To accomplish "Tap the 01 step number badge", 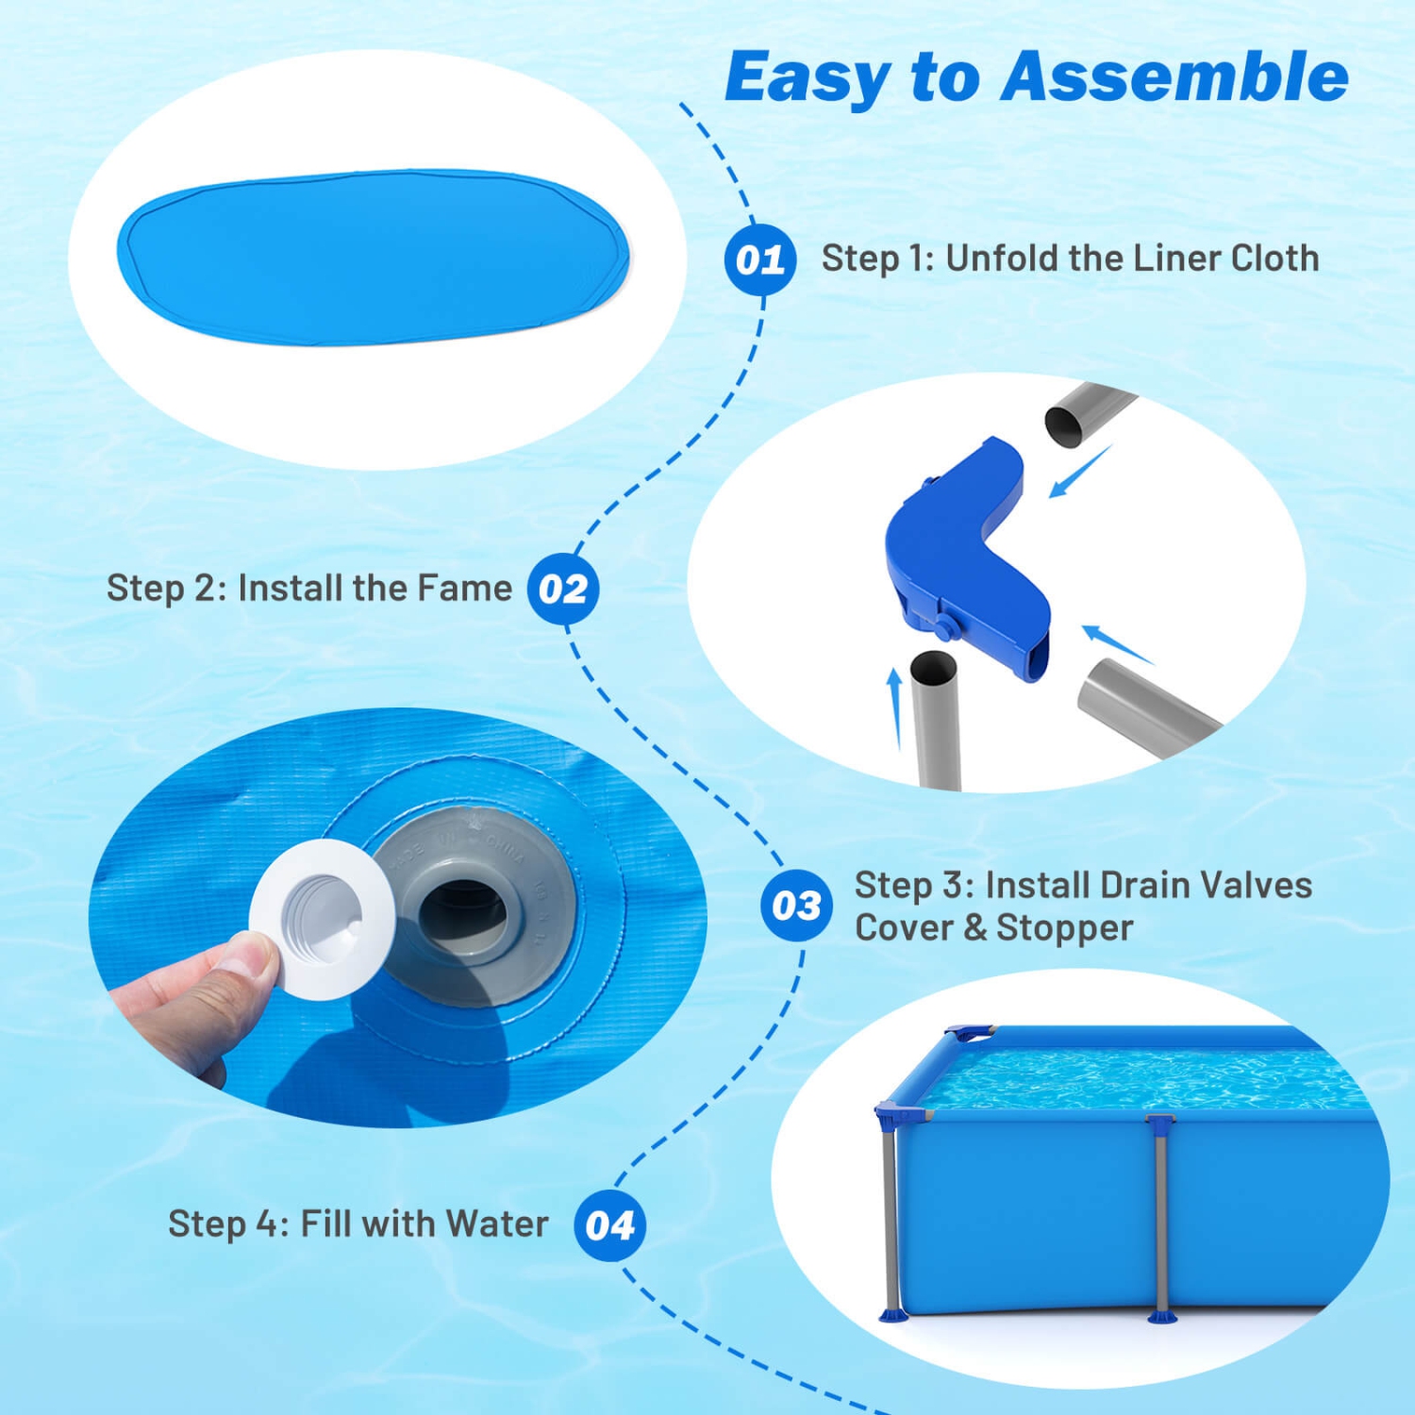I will (759, 259).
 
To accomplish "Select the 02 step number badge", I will (563, 590).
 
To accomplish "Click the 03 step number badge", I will (796, 906).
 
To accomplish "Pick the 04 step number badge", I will (609, 1225).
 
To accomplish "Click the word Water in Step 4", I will (497, 1224).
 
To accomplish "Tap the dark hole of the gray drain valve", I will (462, 910).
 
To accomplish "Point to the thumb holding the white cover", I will (241, 967).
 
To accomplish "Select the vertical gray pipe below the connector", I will (935, 722).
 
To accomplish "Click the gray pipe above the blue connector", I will (1085, 413).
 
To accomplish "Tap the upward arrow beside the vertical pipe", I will (894, 707).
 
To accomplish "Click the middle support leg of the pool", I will (1159, 1217).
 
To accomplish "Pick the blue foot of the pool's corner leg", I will (892, 1313).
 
